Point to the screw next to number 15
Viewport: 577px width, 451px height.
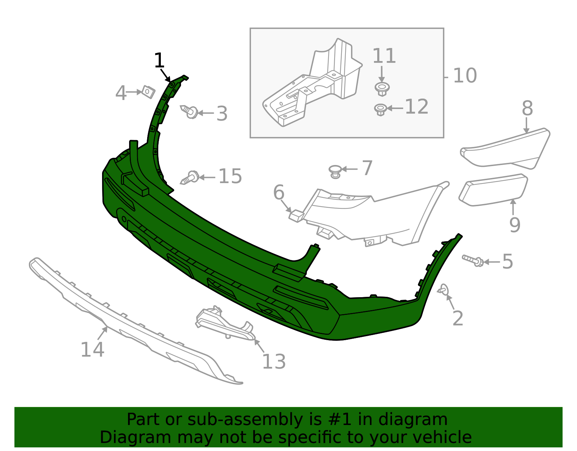pos(190,178)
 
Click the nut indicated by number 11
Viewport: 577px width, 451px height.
pos(382,88)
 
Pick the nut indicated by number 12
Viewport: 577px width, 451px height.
pos(380,109)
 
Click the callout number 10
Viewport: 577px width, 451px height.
pos(464,76)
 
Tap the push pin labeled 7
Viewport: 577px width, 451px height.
pos(336,171)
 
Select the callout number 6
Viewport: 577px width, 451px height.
pos(279,192)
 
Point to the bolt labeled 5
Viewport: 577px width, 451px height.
pos(473,260)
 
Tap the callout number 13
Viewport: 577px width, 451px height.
pos(274,361)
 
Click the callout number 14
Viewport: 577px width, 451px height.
pos(92,350)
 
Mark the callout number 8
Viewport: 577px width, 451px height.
pos(527,108)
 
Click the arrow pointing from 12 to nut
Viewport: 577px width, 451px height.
pos(395,108)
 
